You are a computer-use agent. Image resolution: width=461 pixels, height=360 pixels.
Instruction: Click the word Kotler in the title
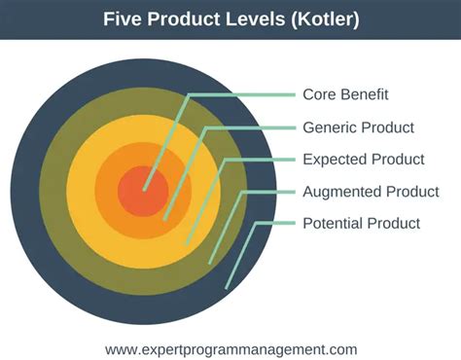pos(325,18)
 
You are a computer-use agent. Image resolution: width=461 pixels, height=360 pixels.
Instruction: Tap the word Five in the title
pos(123,18)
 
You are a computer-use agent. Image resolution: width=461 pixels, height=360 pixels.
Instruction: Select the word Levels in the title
pos(255,18)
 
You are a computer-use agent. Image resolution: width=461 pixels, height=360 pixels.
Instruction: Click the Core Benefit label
pos(345,94)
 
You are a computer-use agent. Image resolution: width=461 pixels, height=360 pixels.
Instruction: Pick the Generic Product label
pos(358,127)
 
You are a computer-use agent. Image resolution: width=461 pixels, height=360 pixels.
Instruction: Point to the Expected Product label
pos(364,160)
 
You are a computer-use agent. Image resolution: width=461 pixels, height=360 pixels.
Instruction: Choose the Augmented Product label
pos(371,192)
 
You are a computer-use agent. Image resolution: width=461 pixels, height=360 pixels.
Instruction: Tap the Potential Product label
pos(361,223)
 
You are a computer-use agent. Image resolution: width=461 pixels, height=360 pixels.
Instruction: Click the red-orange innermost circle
pos(143,192)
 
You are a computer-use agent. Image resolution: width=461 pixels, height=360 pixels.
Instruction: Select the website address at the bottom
pos(230,349)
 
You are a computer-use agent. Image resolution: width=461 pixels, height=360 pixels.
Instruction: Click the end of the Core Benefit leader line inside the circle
pos(145,190)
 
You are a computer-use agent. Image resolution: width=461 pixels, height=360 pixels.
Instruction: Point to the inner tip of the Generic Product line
pos(164,220)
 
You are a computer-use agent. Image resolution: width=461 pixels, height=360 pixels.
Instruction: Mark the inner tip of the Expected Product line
pos(186,244)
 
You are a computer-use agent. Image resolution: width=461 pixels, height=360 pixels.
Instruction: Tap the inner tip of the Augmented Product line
pos(210,263)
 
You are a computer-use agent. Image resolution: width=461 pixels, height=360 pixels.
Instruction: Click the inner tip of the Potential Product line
pos(227,287)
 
